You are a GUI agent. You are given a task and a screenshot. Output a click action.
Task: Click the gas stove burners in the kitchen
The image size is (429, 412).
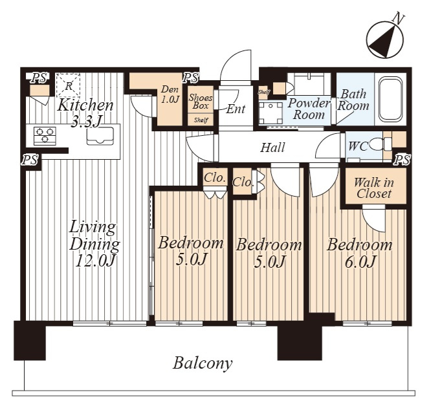45,136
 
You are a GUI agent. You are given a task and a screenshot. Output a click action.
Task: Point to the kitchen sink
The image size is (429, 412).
100,136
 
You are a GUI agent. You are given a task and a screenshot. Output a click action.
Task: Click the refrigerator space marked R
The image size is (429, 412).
68,85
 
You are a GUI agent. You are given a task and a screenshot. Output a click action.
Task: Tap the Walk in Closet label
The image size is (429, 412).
374,188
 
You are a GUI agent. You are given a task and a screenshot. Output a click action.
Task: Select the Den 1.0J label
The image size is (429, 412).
170,94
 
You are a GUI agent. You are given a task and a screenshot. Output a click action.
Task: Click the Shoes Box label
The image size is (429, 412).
201,102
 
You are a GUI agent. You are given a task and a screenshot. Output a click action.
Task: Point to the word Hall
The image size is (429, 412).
272,147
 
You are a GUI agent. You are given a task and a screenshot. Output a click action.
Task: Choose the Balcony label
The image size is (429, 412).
203,363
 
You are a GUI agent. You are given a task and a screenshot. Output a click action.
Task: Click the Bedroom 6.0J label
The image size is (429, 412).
360,253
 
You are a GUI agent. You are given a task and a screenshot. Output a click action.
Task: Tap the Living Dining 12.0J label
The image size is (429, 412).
94,244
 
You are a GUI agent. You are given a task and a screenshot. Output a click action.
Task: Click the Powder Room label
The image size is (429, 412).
309,109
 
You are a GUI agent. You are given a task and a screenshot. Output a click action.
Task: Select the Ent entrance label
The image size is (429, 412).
236,109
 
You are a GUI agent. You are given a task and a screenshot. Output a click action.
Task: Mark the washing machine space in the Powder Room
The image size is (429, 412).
270,113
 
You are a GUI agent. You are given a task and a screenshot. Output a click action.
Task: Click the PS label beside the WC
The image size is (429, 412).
402,160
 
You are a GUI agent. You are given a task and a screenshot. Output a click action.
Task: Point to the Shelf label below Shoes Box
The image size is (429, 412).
201,120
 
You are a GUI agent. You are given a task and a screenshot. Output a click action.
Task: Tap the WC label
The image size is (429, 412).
357,147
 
